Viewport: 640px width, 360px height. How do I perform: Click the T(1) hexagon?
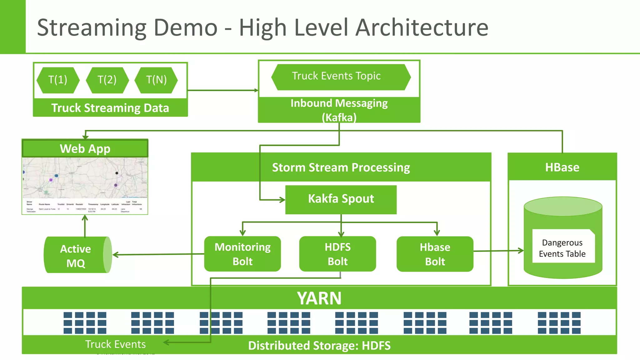click(58, 80)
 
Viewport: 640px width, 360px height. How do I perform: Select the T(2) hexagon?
click(107, 80)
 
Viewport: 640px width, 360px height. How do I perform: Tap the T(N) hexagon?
click(156, 80)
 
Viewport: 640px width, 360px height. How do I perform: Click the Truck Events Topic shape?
click(341, 77)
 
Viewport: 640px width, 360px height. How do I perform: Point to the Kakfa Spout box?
click(341, 199)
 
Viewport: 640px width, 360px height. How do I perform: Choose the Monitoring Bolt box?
click(242, 254)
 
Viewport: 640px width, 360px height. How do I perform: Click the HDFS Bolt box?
click(337, 254)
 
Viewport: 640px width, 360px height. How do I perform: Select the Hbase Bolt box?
click(435, 254)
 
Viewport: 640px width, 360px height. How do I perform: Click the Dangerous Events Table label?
click(562, 248)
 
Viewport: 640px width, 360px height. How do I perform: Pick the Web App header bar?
click(85, 149)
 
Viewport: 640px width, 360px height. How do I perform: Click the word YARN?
click(319, 298)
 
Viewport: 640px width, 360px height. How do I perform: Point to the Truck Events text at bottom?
click(115, 344)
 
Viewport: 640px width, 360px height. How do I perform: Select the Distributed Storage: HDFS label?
click(319, 346)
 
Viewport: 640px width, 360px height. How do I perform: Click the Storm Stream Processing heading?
click(341, 167)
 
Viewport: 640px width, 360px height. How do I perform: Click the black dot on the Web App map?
click(117, 173)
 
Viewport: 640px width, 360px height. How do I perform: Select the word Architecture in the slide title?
click(422, 27)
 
